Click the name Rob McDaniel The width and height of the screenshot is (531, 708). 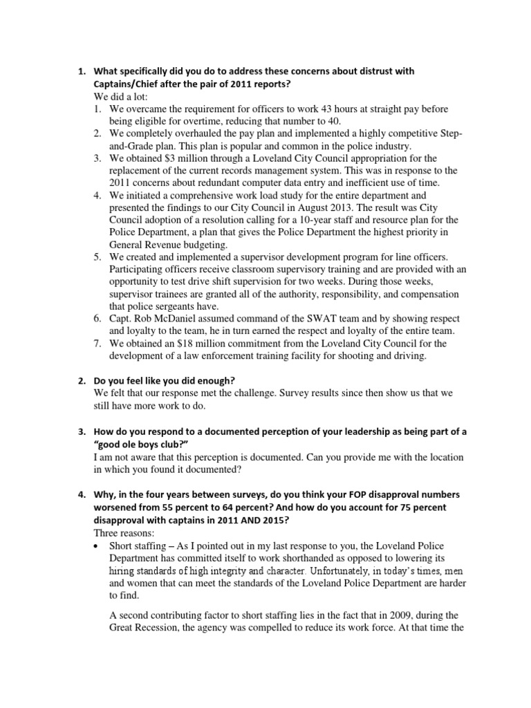(174, 319)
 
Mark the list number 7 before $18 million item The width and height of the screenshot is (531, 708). (97, 343)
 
